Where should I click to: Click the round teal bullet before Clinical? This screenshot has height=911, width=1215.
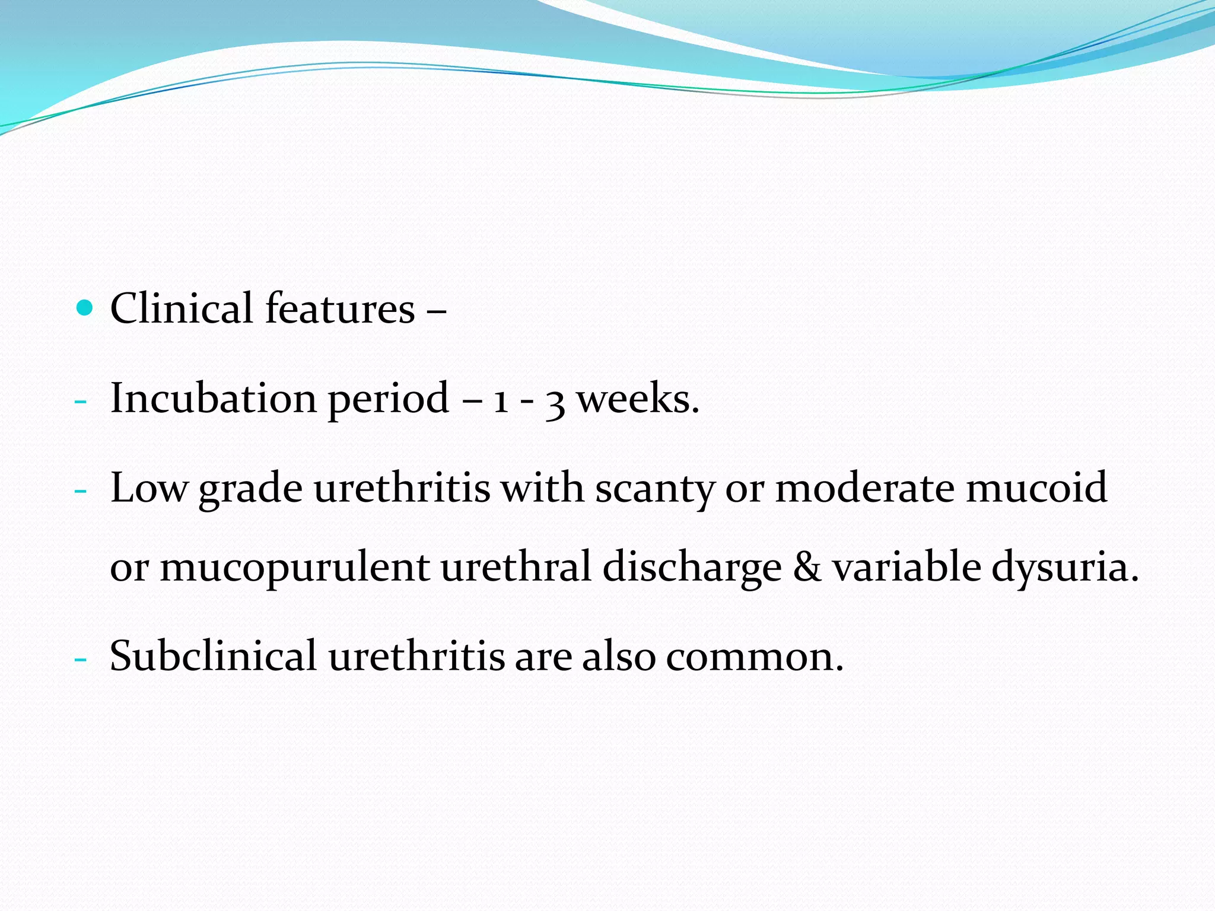(x=85, y=308)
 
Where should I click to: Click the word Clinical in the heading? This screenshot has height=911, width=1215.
(x=181, y=308)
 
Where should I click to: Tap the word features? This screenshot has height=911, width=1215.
(x=339, y=308)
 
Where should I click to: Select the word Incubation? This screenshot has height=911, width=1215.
(x=213, y=398)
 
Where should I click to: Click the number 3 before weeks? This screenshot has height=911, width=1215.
(x=555, y=402)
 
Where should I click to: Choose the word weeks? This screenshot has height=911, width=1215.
(x=638, y=398)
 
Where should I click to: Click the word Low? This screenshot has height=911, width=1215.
(x=148, y=488)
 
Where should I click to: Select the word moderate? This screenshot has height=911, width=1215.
(x=864, y=488)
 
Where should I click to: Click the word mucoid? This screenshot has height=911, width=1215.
(x=1036, y=488)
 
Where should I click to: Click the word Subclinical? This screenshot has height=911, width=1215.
(x=213, y=656)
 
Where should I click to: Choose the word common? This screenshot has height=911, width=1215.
(x=754, y=657)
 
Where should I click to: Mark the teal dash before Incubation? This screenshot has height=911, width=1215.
(x=81, y=402)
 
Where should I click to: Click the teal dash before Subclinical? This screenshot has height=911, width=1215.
(x=81, y=660)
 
